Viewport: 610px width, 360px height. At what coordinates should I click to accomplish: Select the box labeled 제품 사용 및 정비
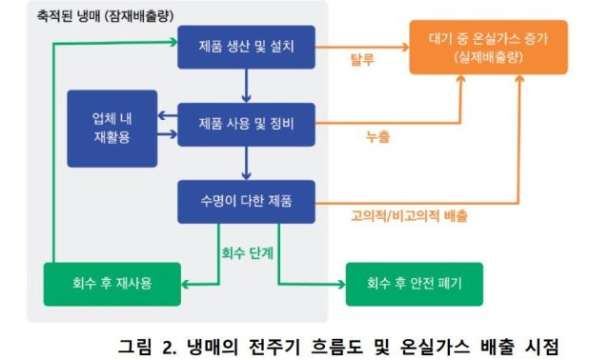coord(246,124)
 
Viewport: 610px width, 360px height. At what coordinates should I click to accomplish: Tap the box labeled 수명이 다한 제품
coord(246,201)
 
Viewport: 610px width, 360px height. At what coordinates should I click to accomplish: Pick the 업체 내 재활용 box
coord(112,129)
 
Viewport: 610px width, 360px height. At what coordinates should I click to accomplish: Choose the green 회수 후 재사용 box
coord(112,283)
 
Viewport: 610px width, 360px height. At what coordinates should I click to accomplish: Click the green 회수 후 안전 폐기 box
coord(414,283)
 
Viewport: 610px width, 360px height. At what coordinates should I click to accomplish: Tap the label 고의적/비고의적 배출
coord(410,216)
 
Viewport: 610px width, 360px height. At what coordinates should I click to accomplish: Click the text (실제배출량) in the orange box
coord(489,58)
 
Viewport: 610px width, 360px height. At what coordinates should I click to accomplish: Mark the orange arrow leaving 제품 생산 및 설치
coord(362,47)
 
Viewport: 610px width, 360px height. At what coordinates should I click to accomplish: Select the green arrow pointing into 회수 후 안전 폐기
coord(315,283)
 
